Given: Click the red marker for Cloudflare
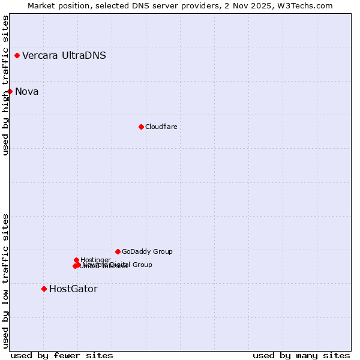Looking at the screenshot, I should [x=141, y=127].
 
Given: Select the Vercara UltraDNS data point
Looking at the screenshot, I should [x=17, y=56].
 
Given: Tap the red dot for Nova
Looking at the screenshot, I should [x=10, y=91].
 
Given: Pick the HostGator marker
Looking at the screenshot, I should [x=44, y=289].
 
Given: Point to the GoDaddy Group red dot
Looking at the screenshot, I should [x=118, y=251].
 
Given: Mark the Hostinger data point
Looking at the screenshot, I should [x=76, y=260].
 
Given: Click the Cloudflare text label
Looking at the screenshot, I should [x=161, y=127].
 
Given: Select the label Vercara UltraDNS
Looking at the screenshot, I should [x=64, y=56].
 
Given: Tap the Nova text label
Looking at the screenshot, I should [x=27, y=91].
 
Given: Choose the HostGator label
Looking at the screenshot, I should [x=73, y=289].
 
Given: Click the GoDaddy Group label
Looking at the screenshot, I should [x=147, y=251].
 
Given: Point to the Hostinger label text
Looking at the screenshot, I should [x=95, y=260].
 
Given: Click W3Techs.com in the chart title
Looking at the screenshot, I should [x=308, y=5].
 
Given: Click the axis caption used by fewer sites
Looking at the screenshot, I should [x=62, y=355].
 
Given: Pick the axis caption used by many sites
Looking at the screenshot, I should [x=301, y=355].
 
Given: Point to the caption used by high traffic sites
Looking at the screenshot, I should [x=5, y=85].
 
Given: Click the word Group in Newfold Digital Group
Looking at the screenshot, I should [x=142, y=265].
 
